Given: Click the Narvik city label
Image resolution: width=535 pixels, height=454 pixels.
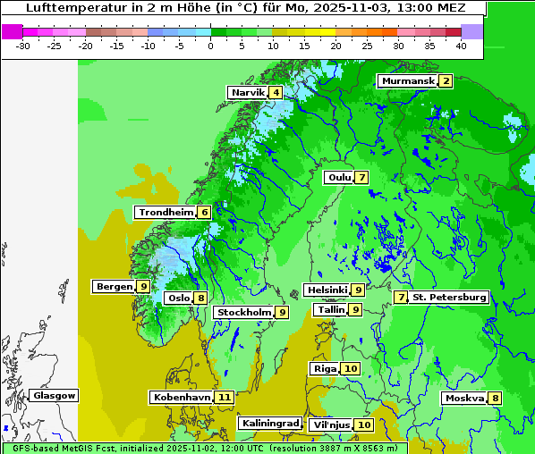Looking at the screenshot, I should (248, 93).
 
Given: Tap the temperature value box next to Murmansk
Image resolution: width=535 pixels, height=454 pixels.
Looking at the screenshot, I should (446, 81).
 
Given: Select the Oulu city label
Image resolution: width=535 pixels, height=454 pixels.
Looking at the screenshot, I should (338, 178).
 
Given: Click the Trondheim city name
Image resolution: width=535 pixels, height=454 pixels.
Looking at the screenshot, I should (166, 213).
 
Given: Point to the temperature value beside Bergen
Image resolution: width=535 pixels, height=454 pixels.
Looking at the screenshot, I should (143, 287).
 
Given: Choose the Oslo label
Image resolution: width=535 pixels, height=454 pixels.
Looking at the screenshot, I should (178, 298).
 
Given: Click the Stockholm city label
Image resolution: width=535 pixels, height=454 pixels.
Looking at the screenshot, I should (243, 313).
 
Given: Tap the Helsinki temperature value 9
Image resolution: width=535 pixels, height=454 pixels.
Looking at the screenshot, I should (357, 290).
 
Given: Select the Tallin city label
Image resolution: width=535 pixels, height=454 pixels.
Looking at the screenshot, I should (331, 310).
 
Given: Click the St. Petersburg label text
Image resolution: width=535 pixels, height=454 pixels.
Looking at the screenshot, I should (449, 297).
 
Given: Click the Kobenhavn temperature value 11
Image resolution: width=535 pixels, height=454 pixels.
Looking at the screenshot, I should (225, 398).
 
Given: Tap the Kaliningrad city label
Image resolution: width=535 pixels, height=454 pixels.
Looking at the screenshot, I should (269, 424).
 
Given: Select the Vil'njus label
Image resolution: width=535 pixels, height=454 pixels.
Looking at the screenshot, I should (330, 425).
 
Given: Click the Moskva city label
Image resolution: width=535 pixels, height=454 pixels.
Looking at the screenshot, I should (464, 399).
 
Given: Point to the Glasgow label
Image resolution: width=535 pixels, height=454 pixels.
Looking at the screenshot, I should (55, 396).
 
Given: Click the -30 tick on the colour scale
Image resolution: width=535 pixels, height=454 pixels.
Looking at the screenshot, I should (23, 46).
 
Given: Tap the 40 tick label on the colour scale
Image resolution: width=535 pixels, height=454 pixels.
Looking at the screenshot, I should (461, 46).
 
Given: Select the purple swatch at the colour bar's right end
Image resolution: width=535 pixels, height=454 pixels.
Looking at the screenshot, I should (472, 31).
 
